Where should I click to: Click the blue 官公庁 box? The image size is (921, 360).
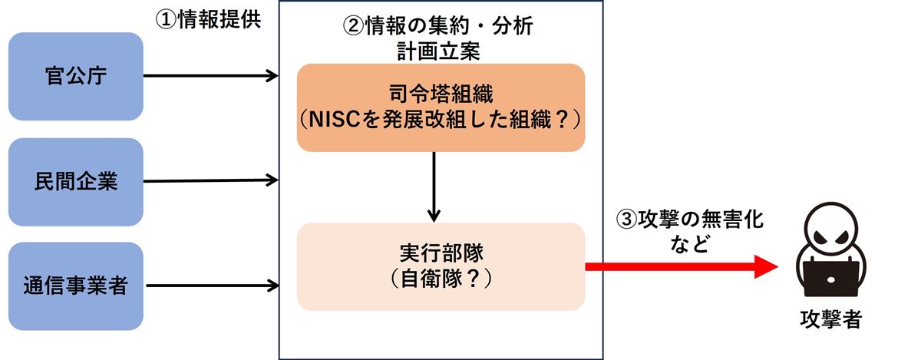(x=76, y=77)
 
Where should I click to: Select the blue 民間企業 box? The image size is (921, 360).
(x=76, y=182)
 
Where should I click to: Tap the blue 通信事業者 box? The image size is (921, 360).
(x=76, y=286)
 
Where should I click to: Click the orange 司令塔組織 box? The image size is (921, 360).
(x=441, y=107)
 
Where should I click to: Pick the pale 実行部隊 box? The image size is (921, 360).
(x=441, y=266)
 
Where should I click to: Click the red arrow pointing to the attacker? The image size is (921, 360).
(x=682, y=266)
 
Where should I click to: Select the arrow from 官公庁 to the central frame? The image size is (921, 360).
(x=211, y=76)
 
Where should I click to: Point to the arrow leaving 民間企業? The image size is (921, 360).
(x=211, y=180)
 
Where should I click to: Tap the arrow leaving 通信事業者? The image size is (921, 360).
(x=213, y=286)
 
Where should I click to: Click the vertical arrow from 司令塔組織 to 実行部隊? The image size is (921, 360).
(x=434, y=187)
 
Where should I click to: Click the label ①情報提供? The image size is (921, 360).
(x=208, y=19)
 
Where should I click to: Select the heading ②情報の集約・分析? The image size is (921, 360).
(x=438, y=25)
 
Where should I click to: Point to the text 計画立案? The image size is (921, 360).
(x=438, y=51)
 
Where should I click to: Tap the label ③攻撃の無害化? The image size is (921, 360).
(x=690, y=219)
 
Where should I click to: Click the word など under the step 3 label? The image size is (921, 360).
(x=690, y=243)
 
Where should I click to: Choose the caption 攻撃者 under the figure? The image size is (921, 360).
(x=831, y=319)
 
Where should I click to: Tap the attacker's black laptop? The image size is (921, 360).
(x=831, y=278)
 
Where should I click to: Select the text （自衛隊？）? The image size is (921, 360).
(x=441, y=279)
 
